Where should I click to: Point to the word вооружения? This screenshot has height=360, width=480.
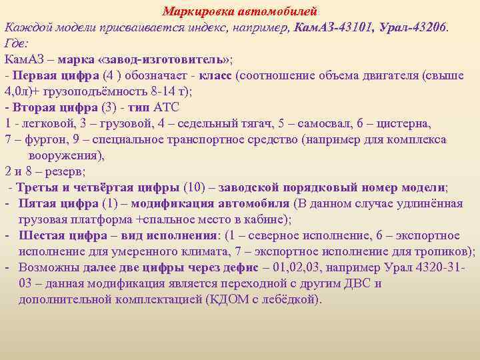(x=64, y=155)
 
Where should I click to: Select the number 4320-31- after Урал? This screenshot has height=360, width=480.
(x=440, y=267)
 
